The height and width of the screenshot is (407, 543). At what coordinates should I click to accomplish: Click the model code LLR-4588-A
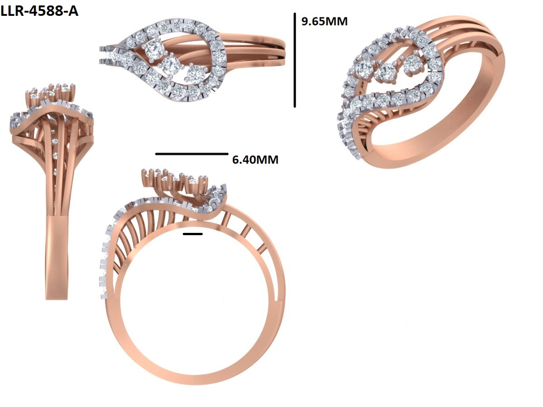pos(39,11)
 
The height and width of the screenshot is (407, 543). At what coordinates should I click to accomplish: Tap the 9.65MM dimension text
pos(324,21)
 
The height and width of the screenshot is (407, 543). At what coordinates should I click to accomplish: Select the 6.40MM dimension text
pos(255,160)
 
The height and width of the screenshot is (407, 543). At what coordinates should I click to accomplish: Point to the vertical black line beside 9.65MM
pos(295,60)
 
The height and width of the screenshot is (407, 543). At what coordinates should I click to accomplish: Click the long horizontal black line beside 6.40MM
pos(191,153)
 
